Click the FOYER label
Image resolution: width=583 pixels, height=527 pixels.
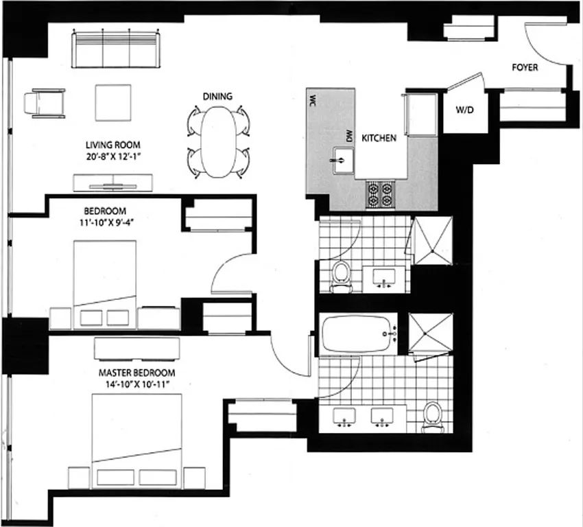pyautogui.click(x=525, y=67)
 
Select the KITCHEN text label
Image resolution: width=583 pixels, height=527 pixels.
pyautogui.click(x=379, y=138)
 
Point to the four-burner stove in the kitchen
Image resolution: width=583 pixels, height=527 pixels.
pyautogui.click(x=380, y=194)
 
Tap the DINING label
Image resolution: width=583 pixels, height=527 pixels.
pyautogui.click(x=217, y=97)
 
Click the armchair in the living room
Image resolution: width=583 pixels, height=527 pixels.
pyautogui.click(x=45, y=104)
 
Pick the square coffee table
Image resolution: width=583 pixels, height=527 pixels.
pyautogui.click(x=114, y=102)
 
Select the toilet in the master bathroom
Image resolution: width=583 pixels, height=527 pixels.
pyautogui.click(x=432, y=417)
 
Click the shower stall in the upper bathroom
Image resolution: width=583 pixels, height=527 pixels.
pyautogui.click(x=431, y=238)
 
